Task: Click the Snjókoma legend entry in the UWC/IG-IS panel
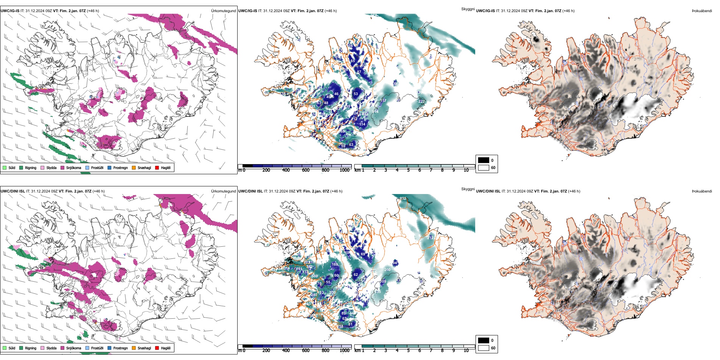tap(74, 167)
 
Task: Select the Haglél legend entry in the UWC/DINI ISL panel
tap(166, 348)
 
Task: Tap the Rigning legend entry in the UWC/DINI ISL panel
tap(31, 348)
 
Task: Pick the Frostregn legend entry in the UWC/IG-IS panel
tap(121, 167)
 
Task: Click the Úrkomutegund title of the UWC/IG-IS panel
tap(223, 11)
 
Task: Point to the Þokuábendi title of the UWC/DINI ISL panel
tap(702, 191)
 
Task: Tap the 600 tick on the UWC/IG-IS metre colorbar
tap(306, 170)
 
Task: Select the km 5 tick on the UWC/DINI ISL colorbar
tap(409, 351)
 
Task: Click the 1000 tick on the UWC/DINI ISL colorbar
tap(344, 351)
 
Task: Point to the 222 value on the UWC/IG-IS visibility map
tap(421, 102)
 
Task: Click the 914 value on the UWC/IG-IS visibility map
tap(375, 112)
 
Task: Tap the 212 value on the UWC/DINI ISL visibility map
tap(430, 238)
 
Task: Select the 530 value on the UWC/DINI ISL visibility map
tap(315, 276)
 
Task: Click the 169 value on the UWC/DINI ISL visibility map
tap(335, 265)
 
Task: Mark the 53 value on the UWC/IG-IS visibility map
tap(355, 94)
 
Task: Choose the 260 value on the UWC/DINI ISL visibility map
tap(387, 270)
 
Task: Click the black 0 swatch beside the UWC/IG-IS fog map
tap(484, 160)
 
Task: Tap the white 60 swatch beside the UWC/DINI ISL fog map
tap(484, 348)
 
